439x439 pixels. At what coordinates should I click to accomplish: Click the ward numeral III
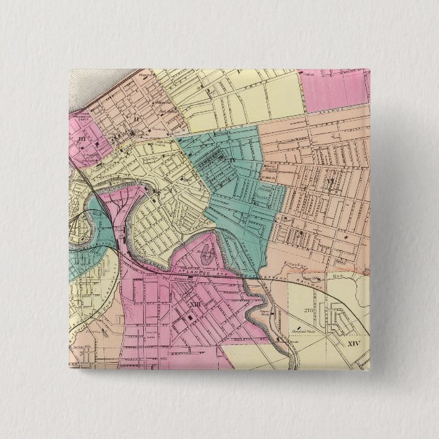(x=82, y=140)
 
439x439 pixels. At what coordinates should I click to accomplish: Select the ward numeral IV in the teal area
(x=232, y=160)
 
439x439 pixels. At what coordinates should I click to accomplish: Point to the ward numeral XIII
(x=196, y=305)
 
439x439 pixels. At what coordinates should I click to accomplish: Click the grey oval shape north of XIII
(x=206, y=255)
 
